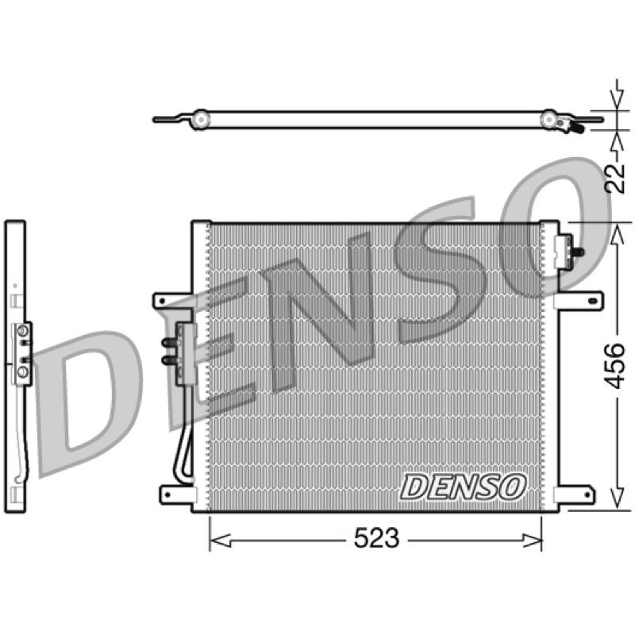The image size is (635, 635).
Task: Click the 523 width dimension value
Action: pyautogui.click(x=376, y=538)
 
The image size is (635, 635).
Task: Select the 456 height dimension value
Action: pyautogui.click(x=614, y=366)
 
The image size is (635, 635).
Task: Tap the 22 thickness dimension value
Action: pyautogui.click(x=614, y=178)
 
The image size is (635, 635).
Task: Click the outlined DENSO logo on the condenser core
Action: pyautogui.click(x=463, y=487)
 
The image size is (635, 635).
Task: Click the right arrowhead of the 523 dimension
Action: pyautogui.click(x=531, y=540)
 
